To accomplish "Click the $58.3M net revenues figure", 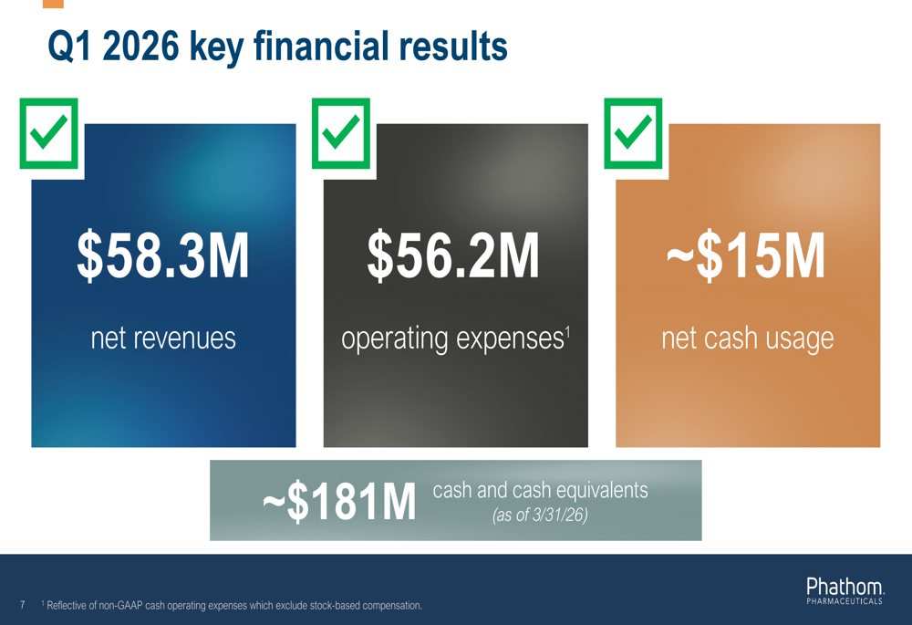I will [163, 257].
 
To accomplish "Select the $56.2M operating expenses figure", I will [453, 257].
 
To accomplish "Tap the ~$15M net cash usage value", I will [746, 257].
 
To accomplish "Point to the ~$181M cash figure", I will [339, 504].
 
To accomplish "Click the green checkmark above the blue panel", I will [49, 133].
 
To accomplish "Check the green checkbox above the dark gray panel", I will [341, 133].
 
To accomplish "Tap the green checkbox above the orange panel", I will [633, 133].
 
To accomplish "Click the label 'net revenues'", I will [163, 339].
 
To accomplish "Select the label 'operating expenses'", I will [451, 339].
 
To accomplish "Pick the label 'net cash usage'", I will [747, 339].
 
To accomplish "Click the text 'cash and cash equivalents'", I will [540, 490].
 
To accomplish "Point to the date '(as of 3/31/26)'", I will [540, 515].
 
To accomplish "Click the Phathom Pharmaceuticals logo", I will [844, 589].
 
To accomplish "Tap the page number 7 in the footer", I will [22, 604].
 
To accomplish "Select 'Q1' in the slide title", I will [69, 47].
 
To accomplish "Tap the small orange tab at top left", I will [53, 4].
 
